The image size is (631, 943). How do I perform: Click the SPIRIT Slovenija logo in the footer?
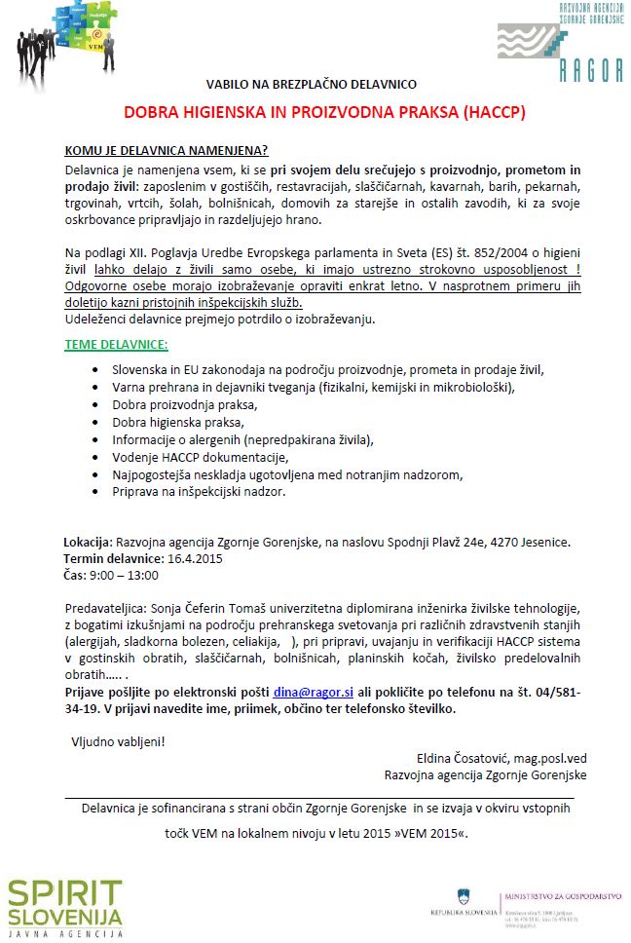(65, 906)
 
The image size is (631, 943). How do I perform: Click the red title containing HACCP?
(324, 112)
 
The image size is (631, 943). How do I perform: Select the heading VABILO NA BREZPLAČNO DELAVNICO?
(324, 85)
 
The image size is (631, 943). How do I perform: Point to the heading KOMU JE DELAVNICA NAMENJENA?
(166, 152)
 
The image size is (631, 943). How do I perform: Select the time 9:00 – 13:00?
(125, 576)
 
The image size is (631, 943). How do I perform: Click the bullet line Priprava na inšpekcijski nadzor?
(199, 492)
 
